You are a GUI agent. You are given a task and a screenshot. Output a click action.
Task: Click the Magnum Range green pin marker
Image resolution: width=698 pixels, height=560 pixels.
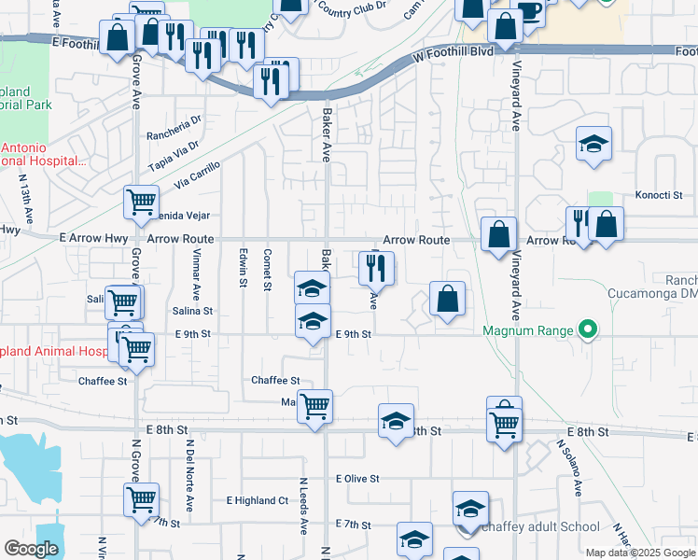pos(587,330)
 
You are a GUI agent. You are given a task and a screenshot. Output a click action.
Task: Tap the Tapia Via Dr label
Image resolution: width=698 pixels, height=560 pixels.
pos(174,156)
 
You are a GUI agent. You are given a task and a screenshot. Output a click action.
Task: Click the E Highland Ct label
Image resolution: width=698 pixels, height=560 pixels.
pos(257,500)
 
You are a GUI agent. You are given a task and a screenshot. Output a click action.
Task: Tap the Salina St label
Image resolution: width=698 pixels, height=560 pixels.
pos(192,311)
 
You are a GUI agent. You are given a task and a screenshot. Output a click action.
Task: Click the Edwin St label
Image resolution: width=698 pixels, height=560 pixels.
pos(244,268)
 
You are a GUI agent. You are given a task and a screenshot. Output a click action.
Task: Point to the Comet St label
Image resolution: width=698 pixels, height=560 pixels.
pos(268,267)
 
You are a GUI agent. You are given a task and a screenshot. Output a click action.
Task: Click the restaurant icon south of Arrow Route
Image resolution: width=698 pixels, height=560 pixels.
pos(376,267)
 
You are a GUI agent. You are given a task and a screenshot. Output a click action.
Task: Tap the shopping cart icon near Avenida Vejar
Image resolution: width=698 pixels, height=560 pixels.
pos(140,201)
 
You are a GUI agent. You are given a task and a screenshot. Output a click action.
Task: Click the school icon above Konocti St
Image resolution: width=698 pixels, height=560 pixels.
pos(593,144)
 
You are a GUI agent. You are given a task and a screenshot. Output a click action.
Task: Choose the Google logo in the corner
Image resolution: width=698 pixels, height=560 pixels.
pos(31,549)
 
